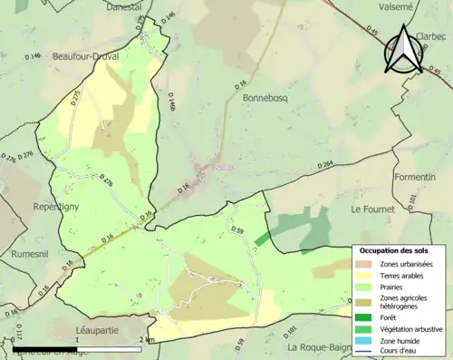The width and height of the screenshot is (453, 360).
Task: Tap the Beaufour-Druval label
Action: (x=86, y=55)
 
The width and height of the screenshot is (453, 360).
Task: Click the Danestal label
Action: (x=125, y=7)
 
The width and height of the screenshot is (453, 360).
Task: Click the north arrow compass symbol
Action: (x=404, y=50)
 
